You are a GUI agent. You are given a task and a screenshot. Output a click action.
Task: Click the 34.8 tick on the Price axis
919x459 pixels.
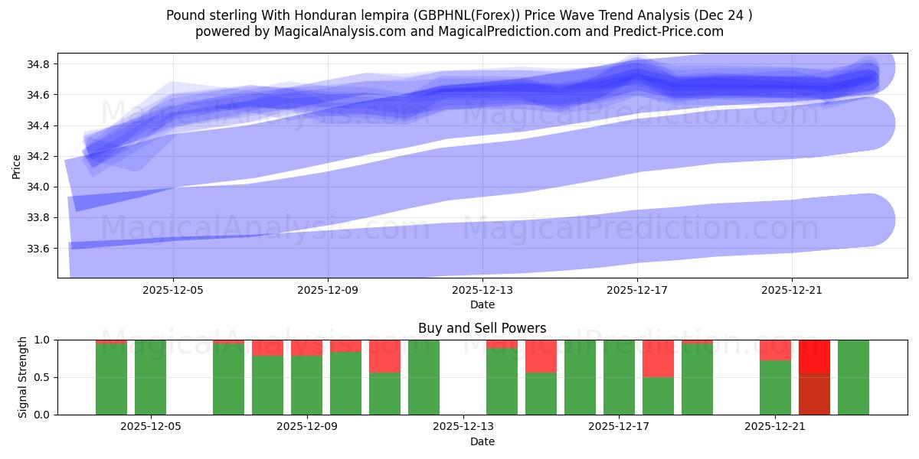(38, 64)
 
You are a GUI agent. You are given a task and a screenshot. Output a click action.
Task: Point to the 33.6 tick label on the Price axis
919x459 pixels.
(38, 249)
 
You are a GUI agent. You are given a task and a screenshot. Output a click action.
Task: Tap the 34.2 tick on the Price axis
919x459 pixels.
(38, 156)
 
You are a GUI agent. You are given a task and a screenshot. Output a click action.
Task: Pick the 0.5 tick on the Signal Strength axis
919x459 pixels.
(41, 377)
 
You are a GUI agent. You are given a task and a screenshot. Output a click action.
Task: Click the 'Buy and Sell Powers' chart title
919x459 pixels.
(482, 328)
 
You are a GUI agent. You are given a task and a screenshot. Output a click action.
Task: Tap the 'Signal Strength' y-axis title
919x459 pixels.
(23, 377)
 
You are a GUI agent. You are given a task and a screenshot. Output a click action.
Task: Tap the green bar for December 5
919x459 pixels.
(150, 377)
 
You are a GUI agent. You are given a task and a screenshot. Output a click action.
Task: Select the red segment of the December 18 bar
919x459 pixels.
(658, 358)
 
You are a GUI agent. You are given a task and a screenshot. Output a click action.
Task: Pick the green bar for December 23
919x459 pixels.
(853, 377)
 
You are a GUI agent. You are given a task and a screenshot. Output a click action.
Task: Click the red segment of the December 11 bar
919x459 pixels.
(384, 356)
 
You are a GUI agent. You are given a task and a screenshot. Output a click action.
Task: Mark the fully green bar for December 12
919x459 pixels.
(424, 377)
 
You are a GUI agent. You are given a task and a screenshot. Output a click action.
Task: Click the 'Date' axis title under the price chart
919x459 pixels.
(482, 304)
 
